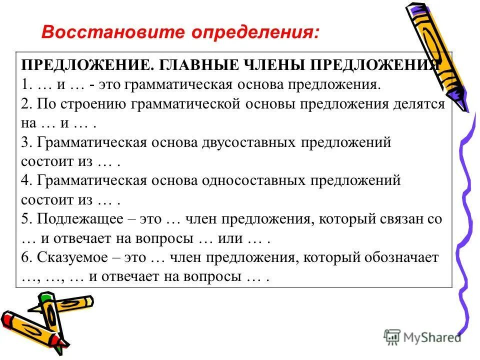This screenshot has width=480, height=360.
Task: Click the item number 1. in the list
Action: pos(27,84)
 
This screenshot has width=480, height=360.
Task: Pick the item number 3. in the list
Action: pos(27,142)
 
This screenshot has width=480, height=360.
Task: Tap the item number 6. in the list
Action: pos(27,258)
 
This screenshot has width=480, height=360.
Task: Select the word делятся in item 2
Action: pos(416,104)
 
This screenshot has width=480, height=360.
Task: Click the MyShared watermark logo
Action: pos(423,337)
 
